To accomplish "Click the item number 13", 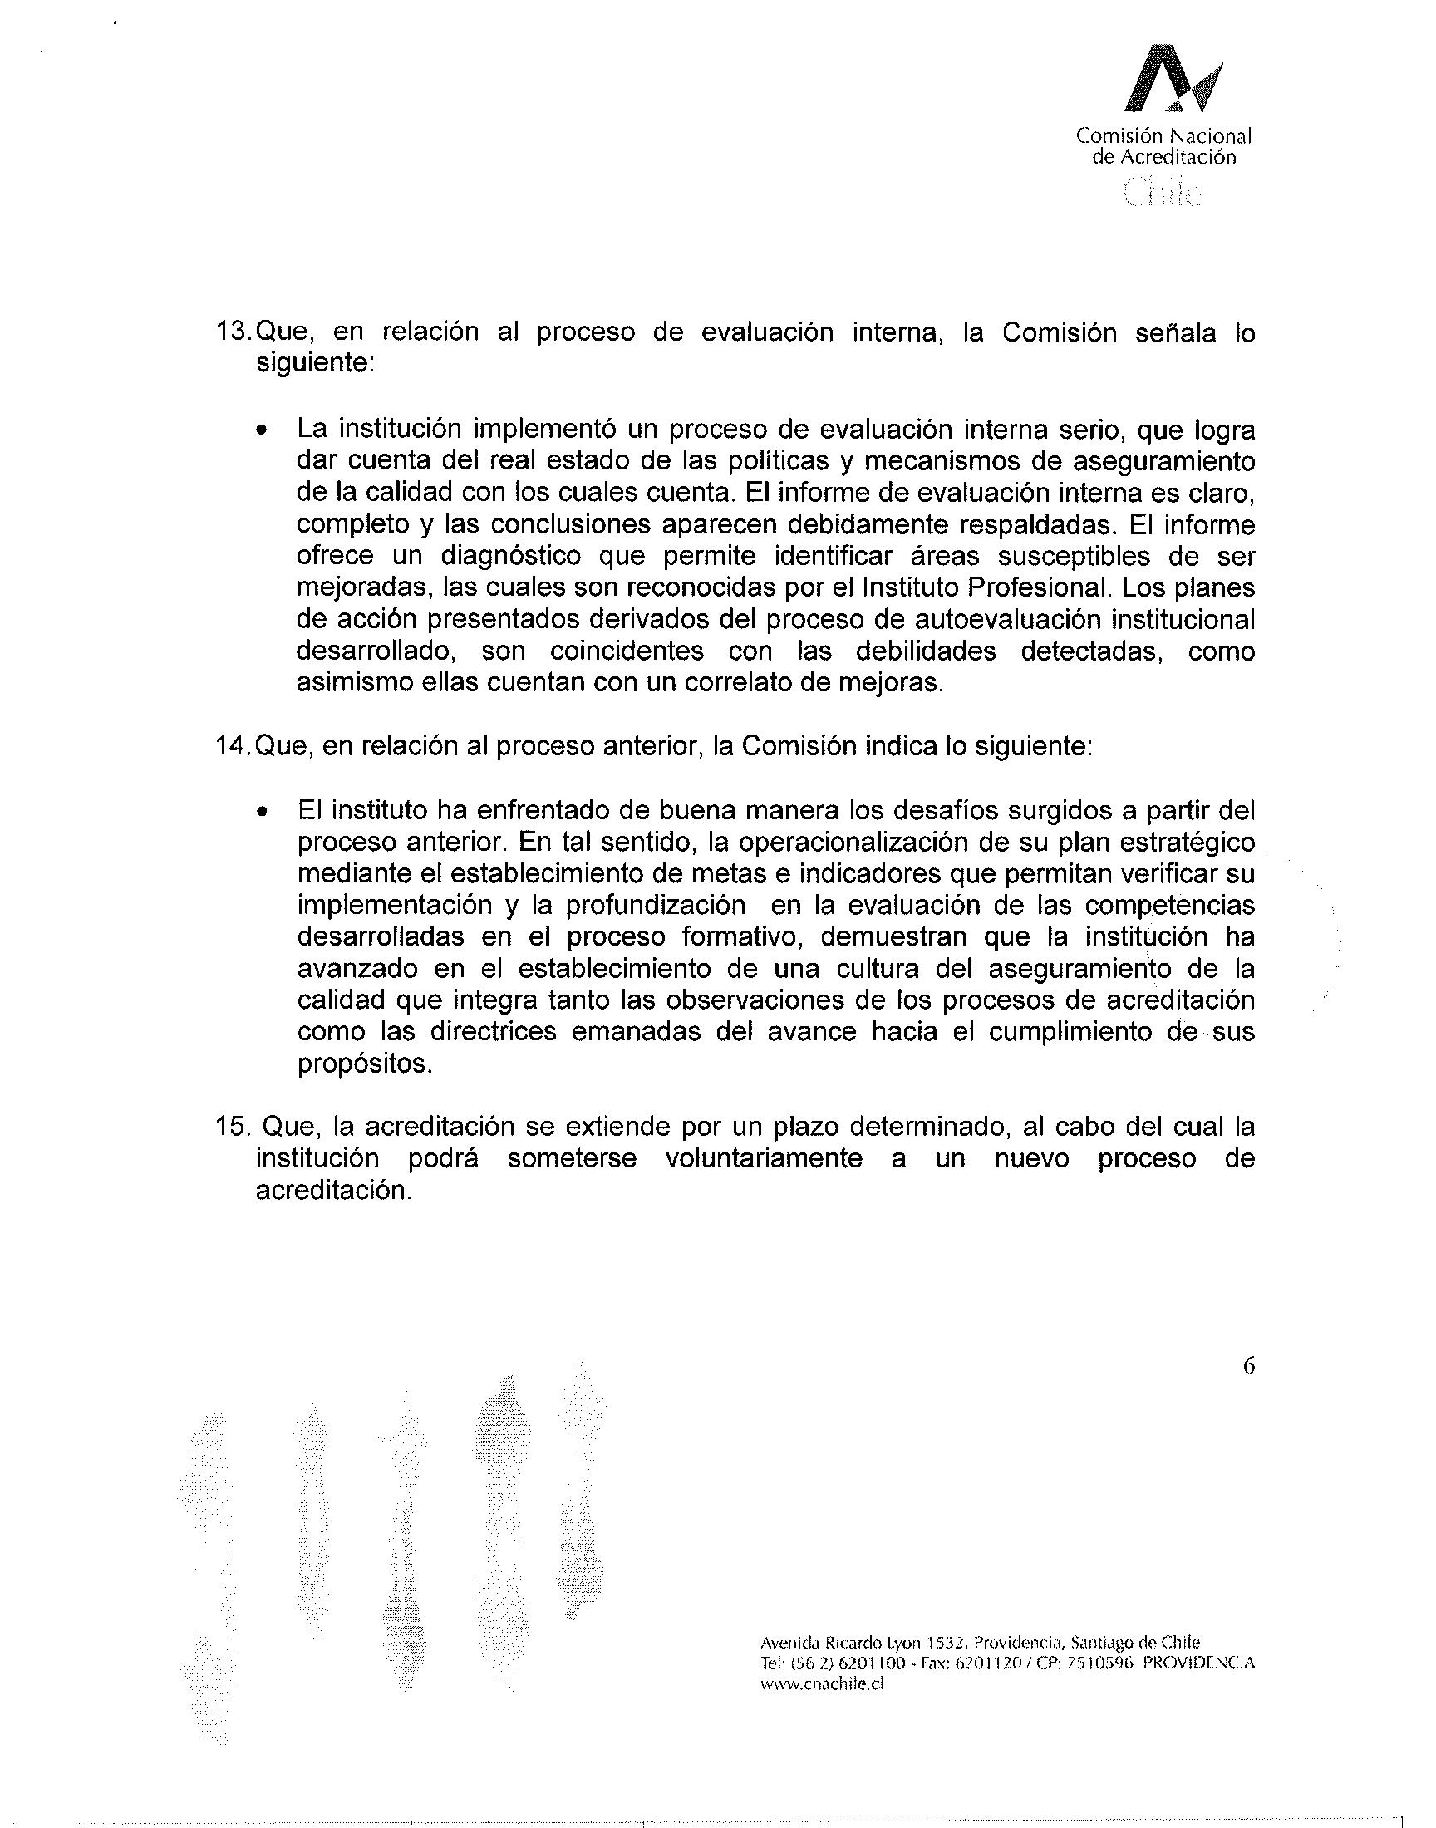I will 233,333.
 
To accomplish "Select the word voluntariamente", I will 764,1159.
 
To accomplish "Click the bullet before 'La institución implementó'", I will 263,431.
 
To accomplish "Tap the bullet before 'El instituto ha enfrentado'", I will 263,813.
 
